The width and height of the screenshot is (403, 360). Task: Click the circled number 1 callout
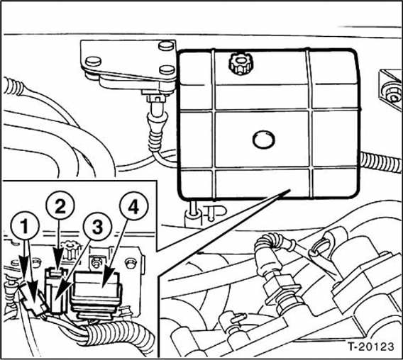tap(24, 229)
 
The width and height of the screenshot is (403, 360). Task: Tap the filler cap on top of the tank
tap(238, 65)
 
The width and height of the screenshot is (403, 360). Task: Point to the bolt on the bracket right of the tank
tap(389, 91)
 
